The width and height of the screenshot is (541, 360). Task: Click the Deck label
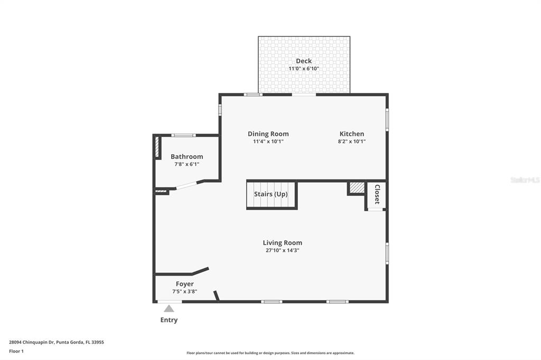click(x=304, y=61)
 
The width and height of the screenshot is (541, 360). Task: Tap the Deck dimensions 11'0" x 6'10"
click(x=304, y=69)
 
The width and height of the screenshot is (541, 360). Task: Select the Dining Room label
click(x=268, y=134)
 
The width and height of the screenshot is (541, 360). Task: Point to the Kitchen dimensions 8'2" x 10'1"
click(x=352, y=141)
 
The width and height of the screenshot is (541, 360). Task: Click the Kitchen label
click(x=352, y=134)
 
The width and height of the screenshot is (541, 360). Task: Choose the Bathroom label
click(x=186, y=157)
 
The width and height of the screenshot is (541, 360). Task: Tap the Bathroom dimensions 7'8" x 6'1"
click(x=186, y=164)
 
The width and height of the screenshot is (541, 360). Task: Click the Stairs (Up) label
click(x=270, y=194)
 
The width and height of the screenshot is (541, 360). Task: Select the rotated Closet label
click(x=377, y=194)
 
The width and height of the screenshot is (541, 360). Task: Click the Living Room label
click(x=283, y=243)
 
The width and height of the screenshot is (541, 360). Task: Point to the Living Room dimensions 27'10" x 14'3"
click(x=283, y=250)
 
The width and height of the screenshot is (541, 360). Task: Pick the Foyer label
click(x=184, y=284)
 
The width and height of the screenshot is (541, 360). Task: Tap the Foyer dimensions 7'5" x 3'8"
click(x=184, y=291)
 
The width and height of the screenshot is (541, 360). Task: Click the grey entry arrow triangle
click(x=169, y=309)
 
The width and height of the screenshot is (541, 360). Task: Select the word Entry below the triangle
click(x=169, y=320)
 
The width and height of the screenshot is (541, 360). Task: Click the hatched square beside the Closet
click(x=357, y=187)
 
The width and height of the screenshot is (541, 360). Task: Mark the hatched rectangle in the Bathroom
click(x=157, y=147)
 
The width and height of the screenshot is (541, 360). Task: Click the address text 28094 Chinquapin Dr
click(x=32, y=342)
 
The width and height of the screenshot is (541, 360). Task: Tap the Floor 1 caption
click(x=16, y=350)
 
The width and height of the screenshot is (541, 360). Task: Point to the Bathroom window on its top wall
click(x=183, y=136)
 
